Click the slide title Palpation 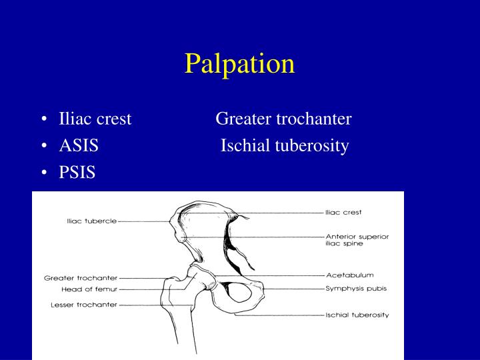tap(239, 63)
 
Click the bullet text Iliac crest tap(95, 119)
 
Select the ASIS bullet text tap(79, 146)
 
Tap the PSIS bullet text tap(77, 173)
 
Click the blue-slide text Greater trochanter tap(283, 119)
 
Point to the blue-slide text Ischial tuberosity tap(285, 146)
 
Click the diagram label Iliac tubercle tap(91, 221)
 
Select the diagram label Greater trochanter tap(81, 277)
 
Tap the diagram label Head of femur tap(89, 289)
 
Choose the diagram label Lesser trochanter tap(84, 305)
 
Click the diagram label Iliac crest tap(343, 213)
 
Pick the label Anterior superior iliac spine tap(357, 240)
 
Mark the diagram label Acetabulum tap(349, 275)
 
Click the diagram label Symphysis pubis tap(356, 289)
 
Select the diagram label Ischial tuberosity tap(357, 315)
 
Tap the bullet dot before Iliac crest tap(43, 120)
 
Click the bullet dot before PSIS tap(43, 173)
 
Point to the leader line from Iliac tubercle tap(143, 221)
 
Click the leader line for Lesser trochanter tap(157, 305)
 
